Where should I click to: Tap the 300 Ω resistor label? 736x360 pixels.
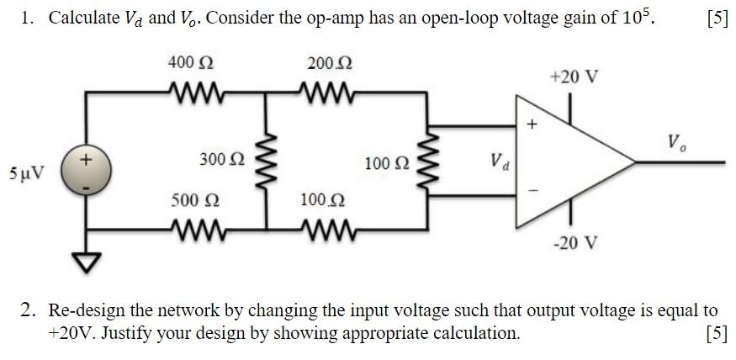coord(222,159)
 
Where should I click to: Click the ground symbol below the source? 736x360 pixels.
coord(85,262)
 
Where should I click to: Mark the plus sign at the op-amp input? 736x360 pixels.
coord(531,124)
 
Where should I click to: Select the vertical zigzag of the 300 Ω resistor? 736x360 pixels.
coord(267,159)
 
